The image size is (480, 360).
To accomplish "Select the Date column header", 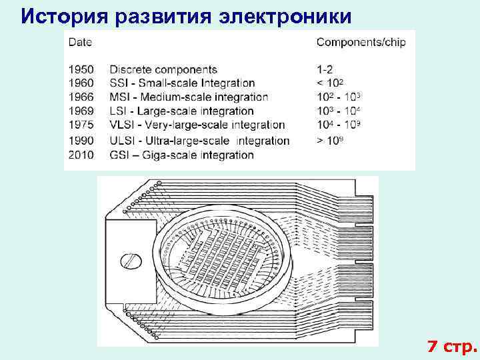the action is click(x=80, y=42).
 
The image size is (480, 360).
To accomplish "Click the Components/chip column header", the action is click(x=361, y=42).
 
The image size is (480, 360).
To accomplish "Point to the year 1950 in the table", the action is click(x=81, y=69).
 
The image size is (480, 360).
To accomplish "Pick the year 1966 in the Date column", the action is click(x=81, y=97).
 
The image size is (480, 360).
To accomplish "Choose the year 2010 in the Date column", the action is click(x=81, y=155).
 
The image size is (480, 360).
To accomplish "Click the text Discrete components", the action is click(x=163, y=69).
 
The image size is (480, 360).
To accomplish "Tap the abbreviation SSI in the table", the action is click(x=119, y=83).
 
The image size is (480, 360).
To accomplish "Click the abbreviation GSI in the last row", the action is click(x=119, y=155).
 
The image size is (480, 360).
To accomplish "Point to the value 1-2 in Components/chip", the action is click(x=325, y=69).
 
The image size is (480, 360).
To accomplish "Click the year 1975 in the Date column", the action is click(x=81, y=125).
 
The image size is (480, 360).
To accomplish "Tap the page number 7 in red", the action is click(x=433, y=347).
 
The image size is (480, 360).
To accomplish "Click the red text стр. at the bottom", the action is click(x=459, y=347).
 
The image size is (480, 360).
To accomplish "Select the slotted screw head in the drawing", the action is click(x=130, y=261).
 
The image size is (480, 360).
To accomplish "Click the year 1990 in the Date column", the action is click(x=81, y=141).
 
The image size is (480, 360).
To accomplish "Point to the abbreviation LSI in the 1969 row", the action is click(x=119, y=111).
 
